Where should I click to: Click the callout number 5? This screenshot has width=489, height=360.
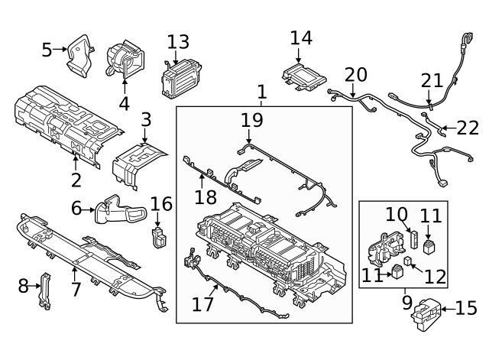click(47, 50)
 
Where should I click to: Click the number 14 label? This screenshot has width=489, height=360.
click(301, 37)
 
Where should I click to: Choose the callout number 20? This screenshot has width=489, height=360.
click(355, 74)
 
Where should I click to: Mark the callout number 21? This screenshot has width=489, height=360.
click(432, 80)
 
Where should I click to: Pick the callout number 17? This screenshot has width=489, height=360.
click(202, 304)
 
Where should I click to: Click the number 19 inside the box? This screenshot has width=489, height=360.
click(251, 120)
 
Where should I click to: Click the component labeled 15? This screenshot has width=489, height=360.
click(426, 311)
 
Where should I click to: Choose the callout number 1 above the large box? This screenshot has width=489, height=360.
click(261, 93)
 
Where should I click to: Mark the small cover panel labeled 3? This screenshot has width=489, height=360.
click(139, 162)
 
